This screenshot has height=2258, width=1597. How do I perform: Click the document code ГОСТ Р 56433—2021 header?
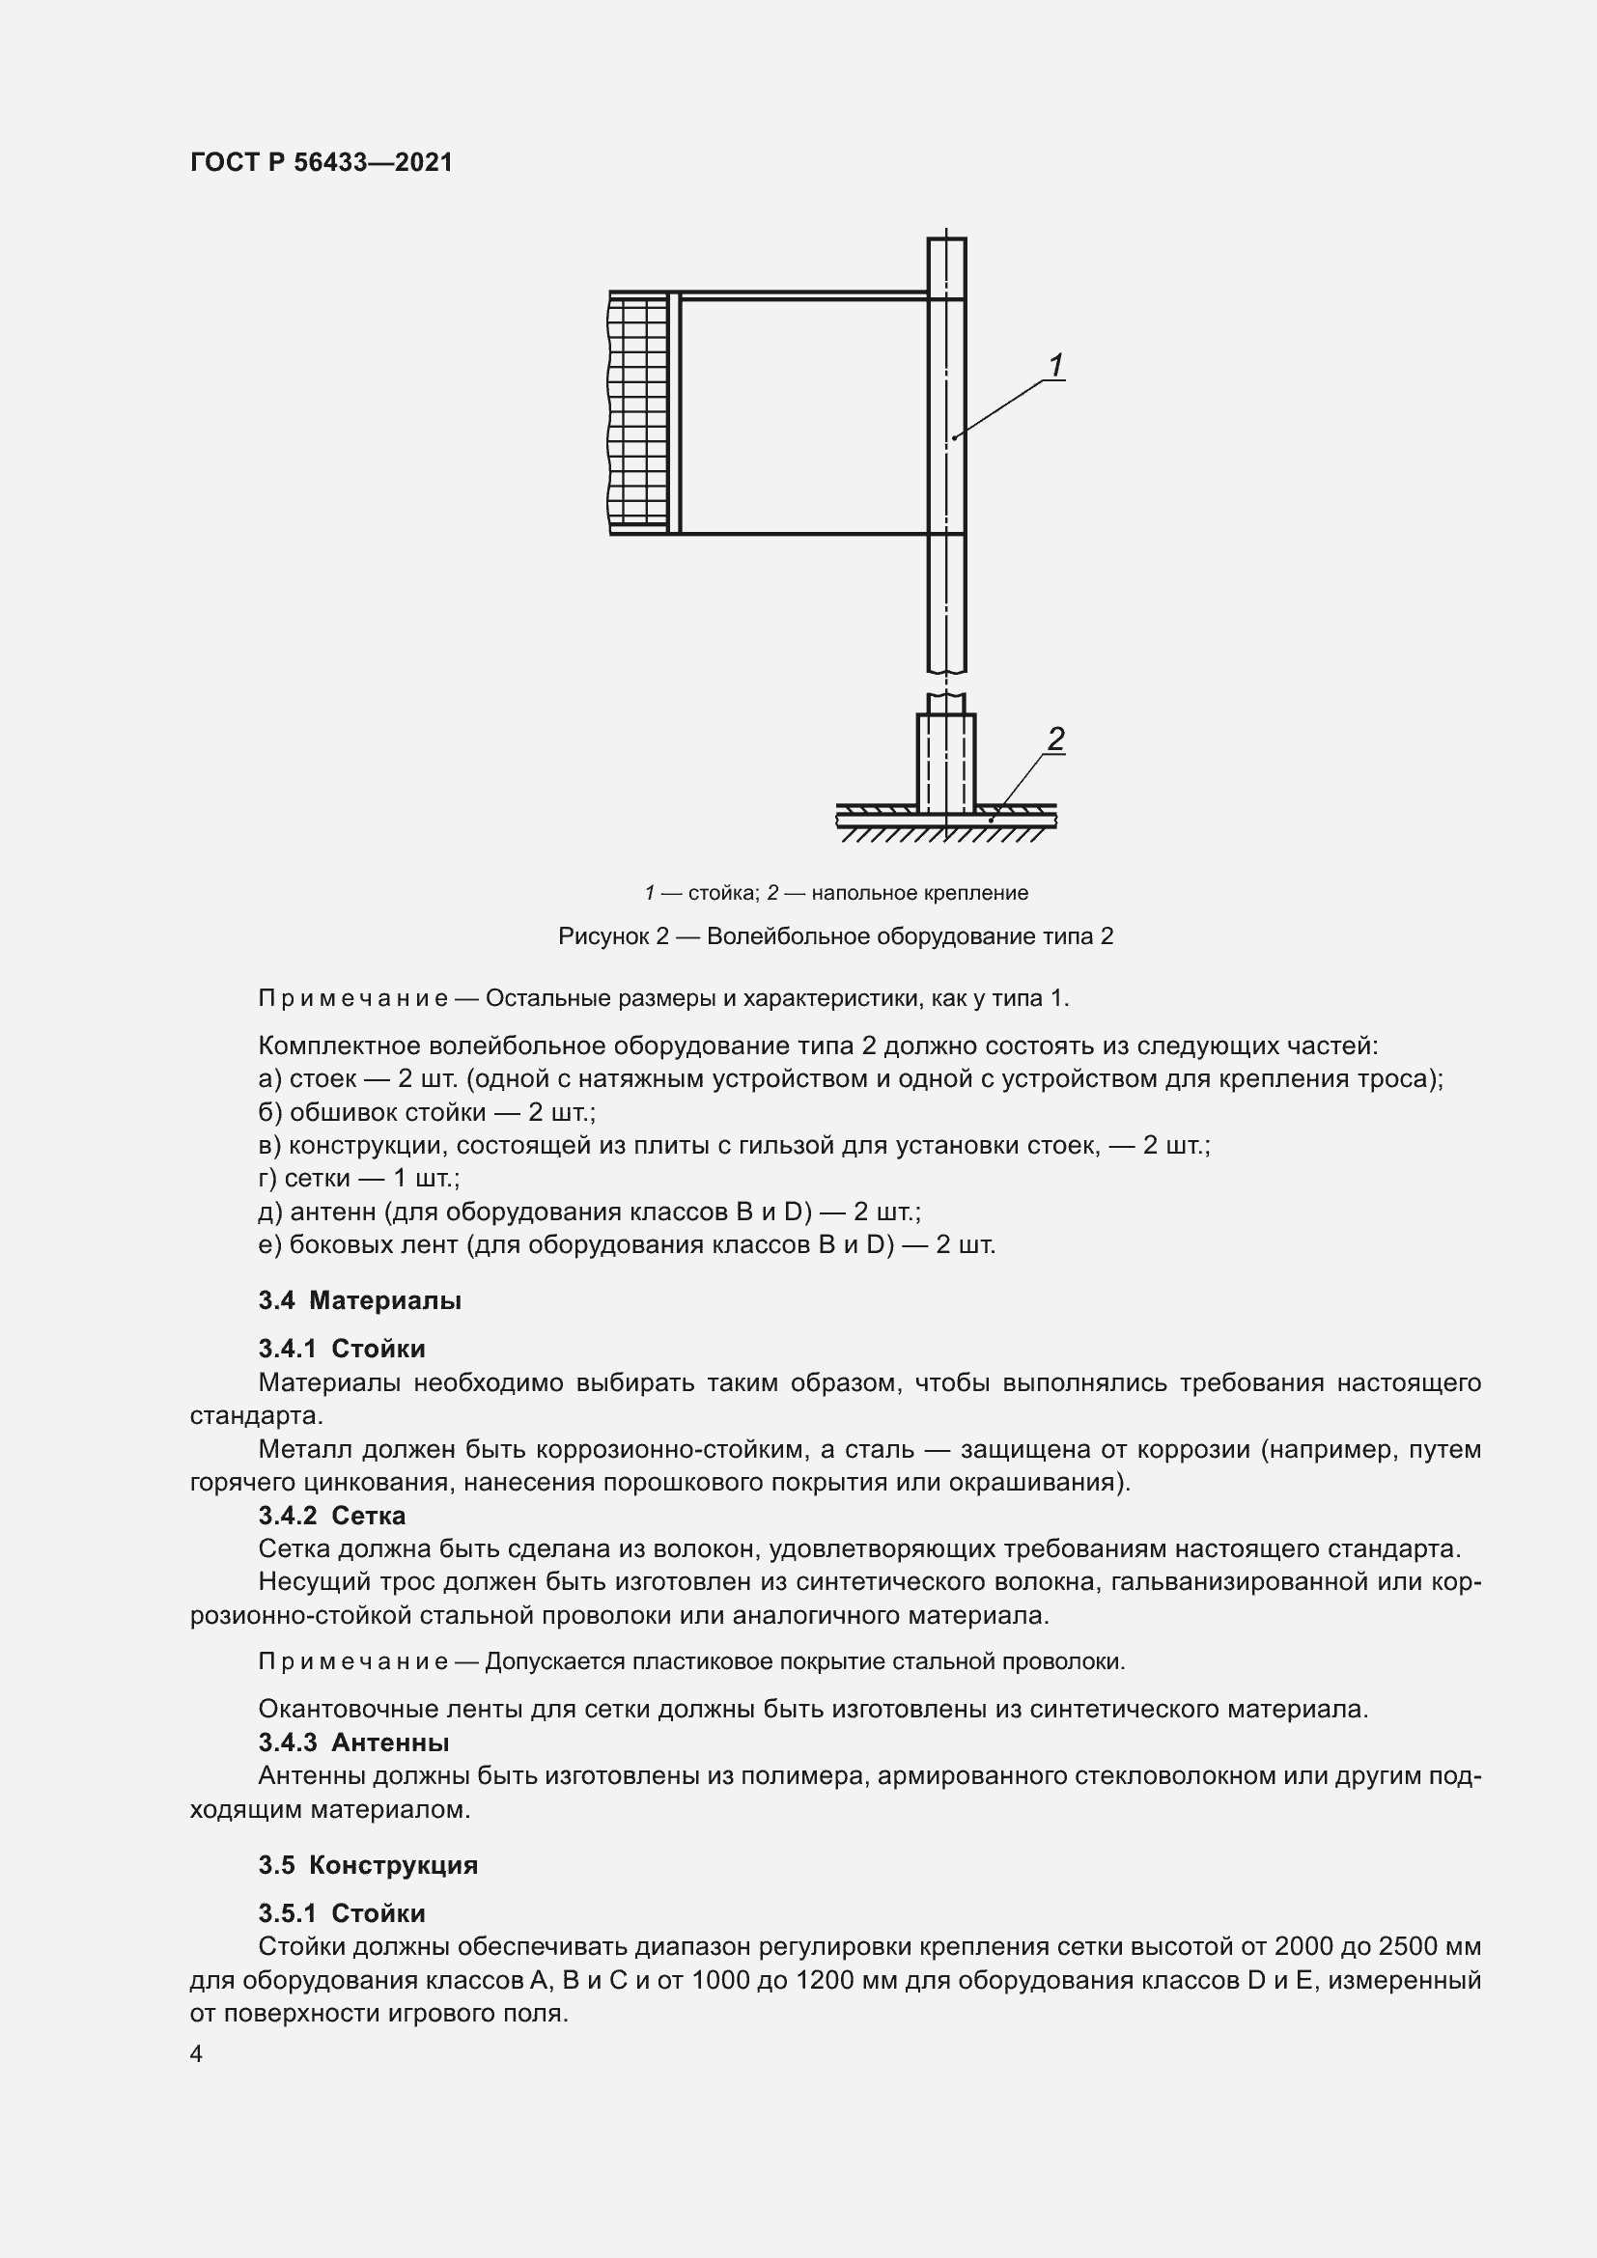[322, 162]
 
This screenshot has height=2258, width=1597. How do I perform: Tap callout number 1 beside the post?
[1055, 366]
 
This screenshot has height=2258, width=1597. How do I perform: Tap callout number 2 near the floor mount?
[1055, 739]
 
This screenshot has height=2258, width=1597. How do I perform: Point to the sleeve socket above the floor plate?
[946, 763]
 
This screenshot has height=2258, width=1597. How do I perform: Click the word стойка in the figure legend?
[722, 893]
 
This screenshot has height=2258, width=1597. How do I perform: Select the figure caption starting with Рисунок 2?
[835, 936]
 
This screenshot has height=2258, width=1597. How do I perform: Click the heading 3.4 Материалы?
[360, 1300]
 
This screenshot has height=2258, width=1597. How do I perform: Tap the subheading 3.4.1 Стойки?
[341, 1349]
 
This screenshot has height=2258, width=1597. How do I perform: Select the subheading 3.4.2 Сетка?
[331, 1516]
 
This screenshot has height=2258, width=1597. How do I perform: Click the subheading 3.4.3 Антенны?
[353, 1742]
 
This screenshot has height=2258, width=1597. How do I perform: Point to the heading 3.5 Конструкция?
[368, 1866]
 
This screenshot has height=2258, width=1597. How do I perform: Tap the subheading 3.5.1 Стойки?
[341, 1913]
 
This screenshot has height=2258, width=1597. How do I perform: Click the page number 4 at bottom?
[196, 2054]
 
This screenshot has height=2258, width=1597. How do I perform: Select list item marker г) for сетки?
[267, 1178]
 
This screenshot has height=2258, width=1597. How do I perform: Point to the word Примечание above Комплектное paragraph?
[353, 998]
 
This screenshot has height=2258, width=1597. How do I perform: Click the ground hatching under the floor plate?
[944, 835]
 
